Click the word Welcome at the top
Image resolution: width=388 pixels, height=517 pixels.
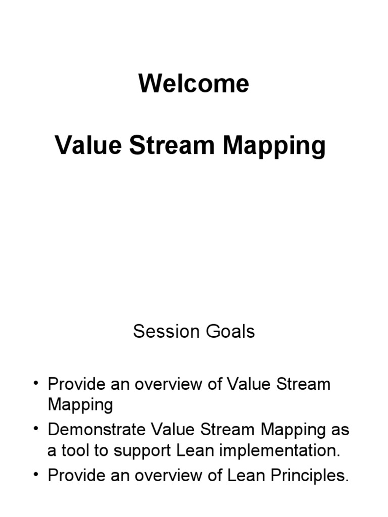point(194,84)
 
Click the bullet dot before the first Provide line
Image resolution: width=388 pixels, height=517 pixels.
point(36,384)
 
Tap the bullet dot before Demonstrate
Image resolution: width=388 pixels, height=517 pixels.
point(36,430)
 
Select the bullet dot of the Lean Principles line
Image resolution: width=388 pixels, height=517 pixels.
point(36,476)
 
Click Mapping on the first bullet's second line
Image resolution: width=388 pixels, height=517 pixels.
point(80,405)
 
